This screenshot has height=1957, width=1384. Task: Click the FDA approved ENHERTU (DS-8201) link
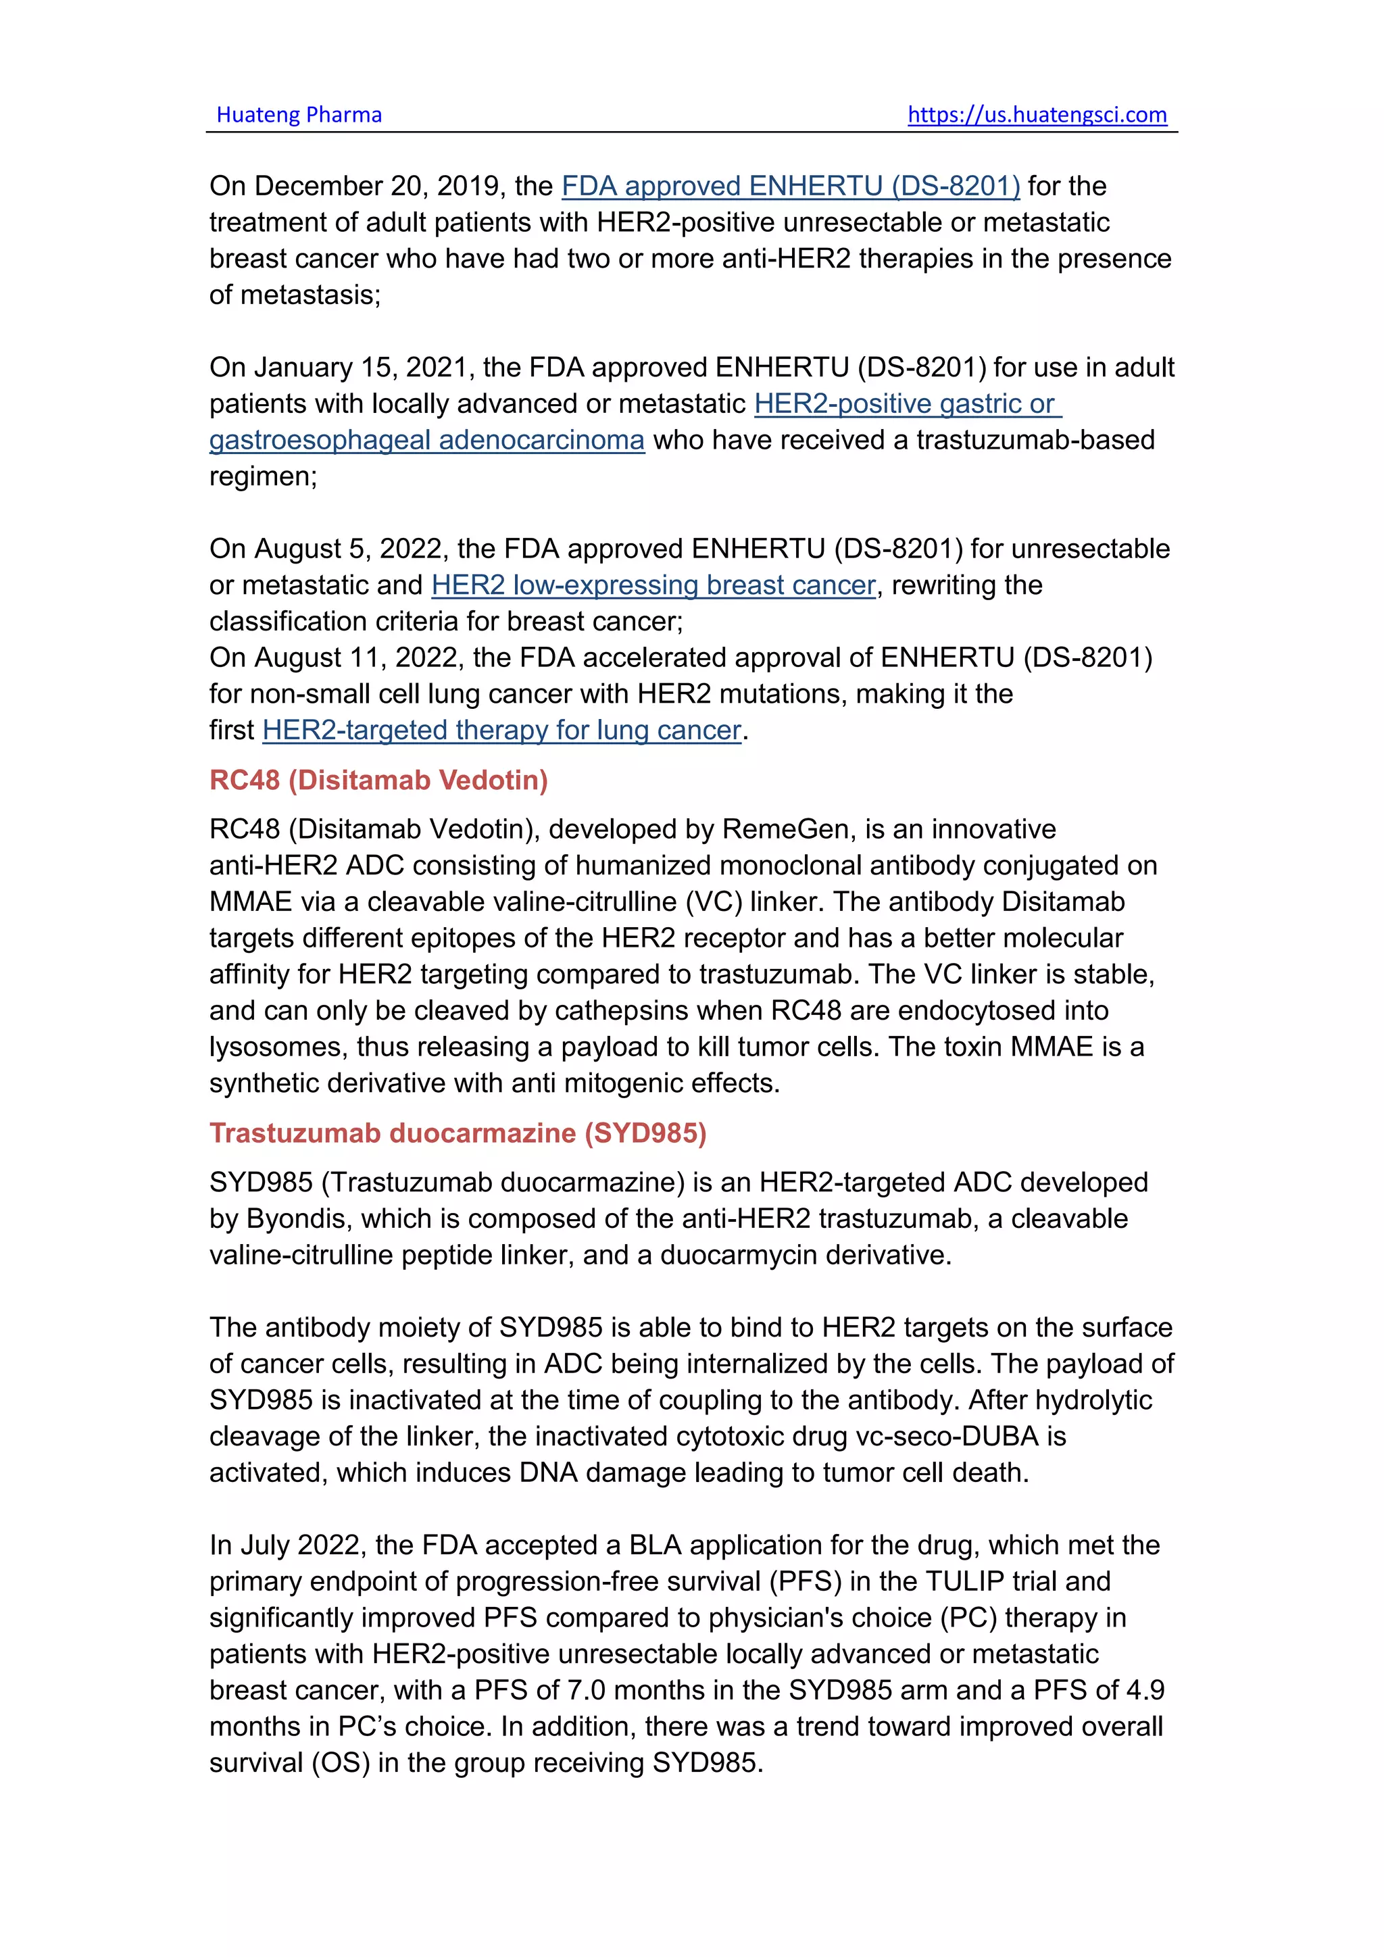790,186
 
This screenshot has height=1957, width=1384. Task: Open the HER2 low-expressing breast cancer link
653,586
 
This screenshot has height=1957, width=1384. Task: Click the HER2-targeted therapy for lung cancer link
502,730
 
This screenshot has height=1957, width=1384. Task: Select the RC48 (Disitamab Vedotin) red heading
378,780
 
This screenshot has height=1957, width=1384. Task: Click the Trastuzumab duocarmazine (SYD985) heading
458,1133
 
